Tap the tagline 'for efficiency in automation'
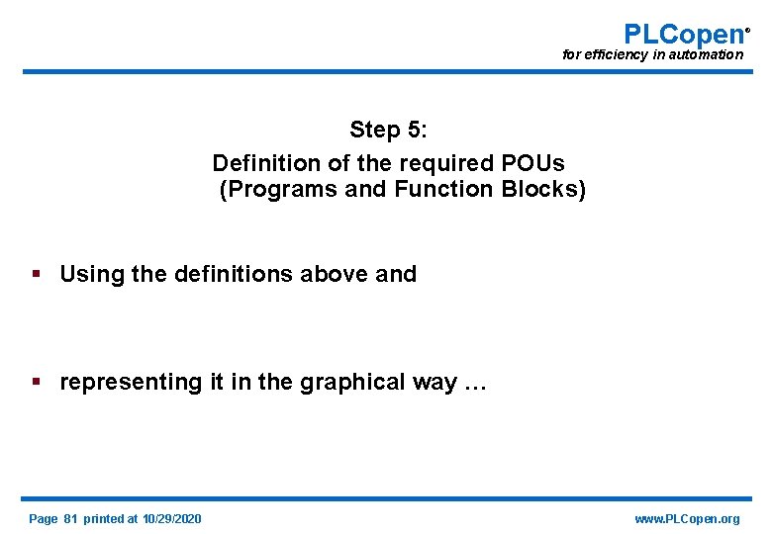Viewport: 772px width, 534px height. tap(652, 55)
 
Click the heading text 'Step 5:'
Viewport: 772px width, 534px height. tap(388, 130)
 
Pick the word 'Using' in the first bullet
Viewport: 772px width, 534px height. tap(88, 274)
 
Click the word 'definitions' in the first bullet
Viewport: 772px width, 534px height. tap(230, 274)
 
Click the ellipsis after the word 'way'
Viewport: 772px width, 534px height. tap(475, 384)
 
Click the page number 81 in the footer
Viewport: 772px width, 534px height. tap(70, 519)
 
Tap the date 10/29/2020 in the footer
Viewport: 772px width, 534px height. tap(171, 519)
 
